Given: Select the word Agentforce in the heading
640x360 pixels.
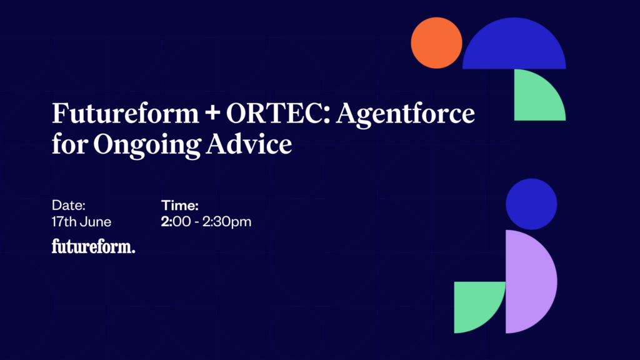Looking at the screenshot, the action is click(x=406, y=114).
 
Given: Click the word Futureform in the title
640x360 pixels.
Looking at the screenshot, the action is click(x=125, y=113).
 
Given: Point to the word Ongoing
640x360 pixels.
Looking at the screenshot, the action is click(x=147, y=145).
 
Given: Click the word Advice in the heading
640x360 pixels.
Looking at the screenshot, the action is click(x=249, y=144).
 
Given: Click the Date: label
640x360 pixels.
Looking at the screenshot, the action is click(x=69, y=205).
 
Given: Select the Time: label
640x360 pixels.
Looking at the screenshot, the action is click(x=179, y=205).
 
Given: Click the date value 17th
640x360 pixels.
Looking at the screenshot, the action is click(x=64, y=222).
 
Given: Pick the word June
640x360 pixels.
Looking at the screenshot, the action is click(x=96, y=222).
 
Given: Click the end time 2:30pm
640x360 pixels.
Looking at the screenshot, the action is click(x=227, y=222).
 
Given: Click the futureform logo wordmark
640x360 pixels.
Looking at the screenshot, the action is click(x=94, y=246).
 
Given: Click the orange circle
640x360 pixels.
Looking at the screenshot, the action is click(x=436, y=43).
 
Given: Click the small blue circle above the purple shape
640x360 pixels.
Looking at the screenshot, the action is click(x=531, y=204).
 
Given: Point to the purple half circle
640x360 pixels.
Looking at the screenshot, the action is click(x=529, y=282).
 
